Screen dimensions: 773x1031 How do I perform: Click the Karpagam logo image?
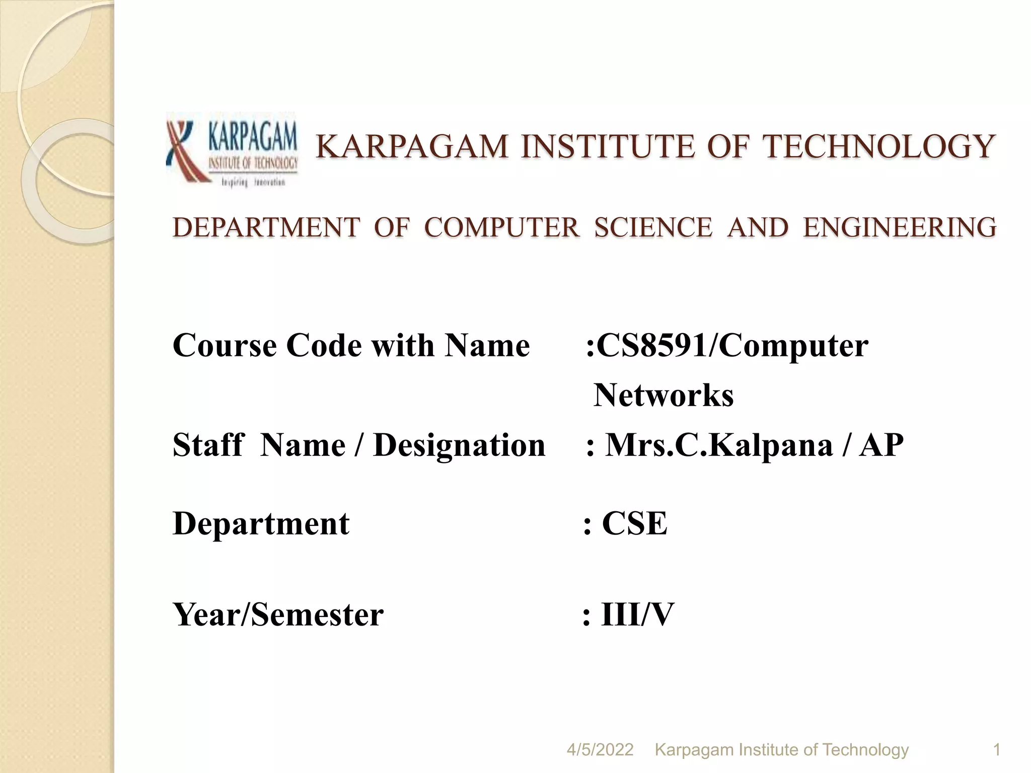pyautogui.click(x=233, y=149)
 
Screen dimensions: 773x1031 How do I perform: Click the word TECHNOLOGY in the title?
pyautogui.click(x=878, y=147)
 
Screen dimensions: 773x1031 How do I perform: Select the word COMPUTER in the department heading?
pyautogui.click(x=501, y=227)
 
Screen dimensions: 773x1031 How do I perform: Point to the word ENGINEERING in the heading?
pyautogui.click(x=900, y=227)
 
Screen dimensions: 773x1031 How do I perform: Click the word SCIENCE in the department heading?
pyautogui.click(x=653, y=227)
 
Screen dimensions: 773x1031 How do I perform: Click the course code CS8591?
pyautogui.click(x=651, y=346)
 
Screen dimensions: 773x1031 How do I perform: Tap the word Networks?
pyautogui.click(x=664, y=396)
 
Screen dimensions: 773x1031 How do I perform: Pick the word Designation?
pyautogui.click(x=459, y=445)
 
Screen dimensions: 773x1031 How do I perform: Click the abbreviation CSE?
pyautogui.click(x=635, y=523)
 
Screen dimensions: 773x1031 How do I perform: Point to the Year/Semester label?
pyautogui.click(x=278, y=614)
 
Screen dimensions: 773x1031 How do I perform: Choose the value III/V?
pyautogui.click(x=637, y=614)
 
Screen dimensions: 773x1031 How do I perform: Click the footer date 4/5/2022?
pyautogui.click(x=600, y=750)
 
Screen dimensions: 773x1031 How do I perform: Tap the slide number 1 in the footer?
pyautogui.click(x=996, y=750)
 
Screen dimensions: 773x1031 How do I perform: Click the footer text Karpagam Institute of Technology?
pyautogui.click(x=781, y=750)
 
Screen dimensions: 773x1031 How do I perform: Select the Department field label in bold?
pyautogui.click(x=261, y=523)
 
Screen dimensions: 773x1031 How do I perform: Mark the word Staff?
pyautogui.click(x=208, y=445)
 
